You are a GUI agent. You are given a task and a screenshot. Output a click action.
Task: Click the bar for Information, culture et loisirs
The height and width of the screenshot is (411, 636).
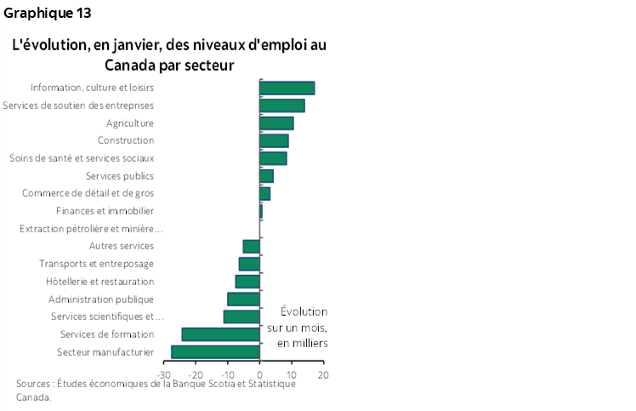point(287,88)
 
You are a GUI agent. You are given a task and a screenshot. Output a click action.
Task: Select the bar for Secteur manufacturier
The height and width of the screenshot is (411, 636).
point(215,351)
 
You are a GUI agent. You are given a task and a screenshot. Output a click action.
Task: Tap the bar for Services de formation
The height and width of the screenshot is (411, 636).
point(220,334)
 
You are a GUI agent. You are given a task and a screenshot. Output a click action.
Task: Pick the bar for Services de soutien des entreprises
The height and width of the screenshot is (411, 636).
point(281,106)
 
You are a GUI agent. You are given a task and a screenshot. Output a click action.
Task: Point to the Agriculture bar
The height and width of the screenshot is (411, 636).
point(276,123)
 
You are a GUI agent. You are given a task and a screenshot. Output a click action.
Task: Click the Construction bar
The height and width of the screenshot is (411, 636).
point(274,140)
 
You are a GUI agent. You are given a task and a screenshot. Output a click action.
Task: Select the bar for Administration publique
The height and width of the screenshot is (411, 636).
point(243,299)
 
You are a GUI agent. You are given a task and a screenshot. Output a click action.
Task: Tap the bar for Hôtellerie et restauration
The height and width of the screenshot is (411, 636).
point(247,281)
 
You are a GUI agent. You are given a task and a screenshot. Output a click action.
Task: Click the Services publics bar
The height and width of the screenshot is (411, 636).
point(266,176)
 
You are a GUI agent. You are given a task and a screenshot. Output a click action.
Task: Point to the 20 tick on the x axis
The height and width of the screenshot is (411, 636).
point(323,374)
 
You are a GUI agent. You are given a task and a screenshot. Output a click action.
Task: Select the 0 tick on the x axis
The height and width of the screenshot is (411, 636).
point(259,374)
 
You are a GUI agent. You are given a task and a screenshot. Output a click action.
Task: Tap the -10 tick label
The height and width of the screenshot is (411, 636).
point(228,374)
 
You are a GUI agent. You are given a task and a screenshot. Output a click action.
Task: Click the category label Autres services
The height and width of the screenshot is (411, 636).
point(121,246)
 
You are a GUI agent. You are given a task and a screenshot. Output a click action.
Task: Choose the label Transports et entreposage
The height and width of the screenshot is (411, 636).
point(96,264)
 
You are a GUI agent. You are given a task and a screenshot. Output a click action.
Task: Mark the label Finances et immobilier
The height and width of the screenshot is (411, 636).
point(105,211)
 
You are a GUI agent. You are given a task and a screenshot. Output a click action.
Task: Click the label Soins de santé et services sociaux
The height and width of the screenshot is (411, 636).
point(82,158)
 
